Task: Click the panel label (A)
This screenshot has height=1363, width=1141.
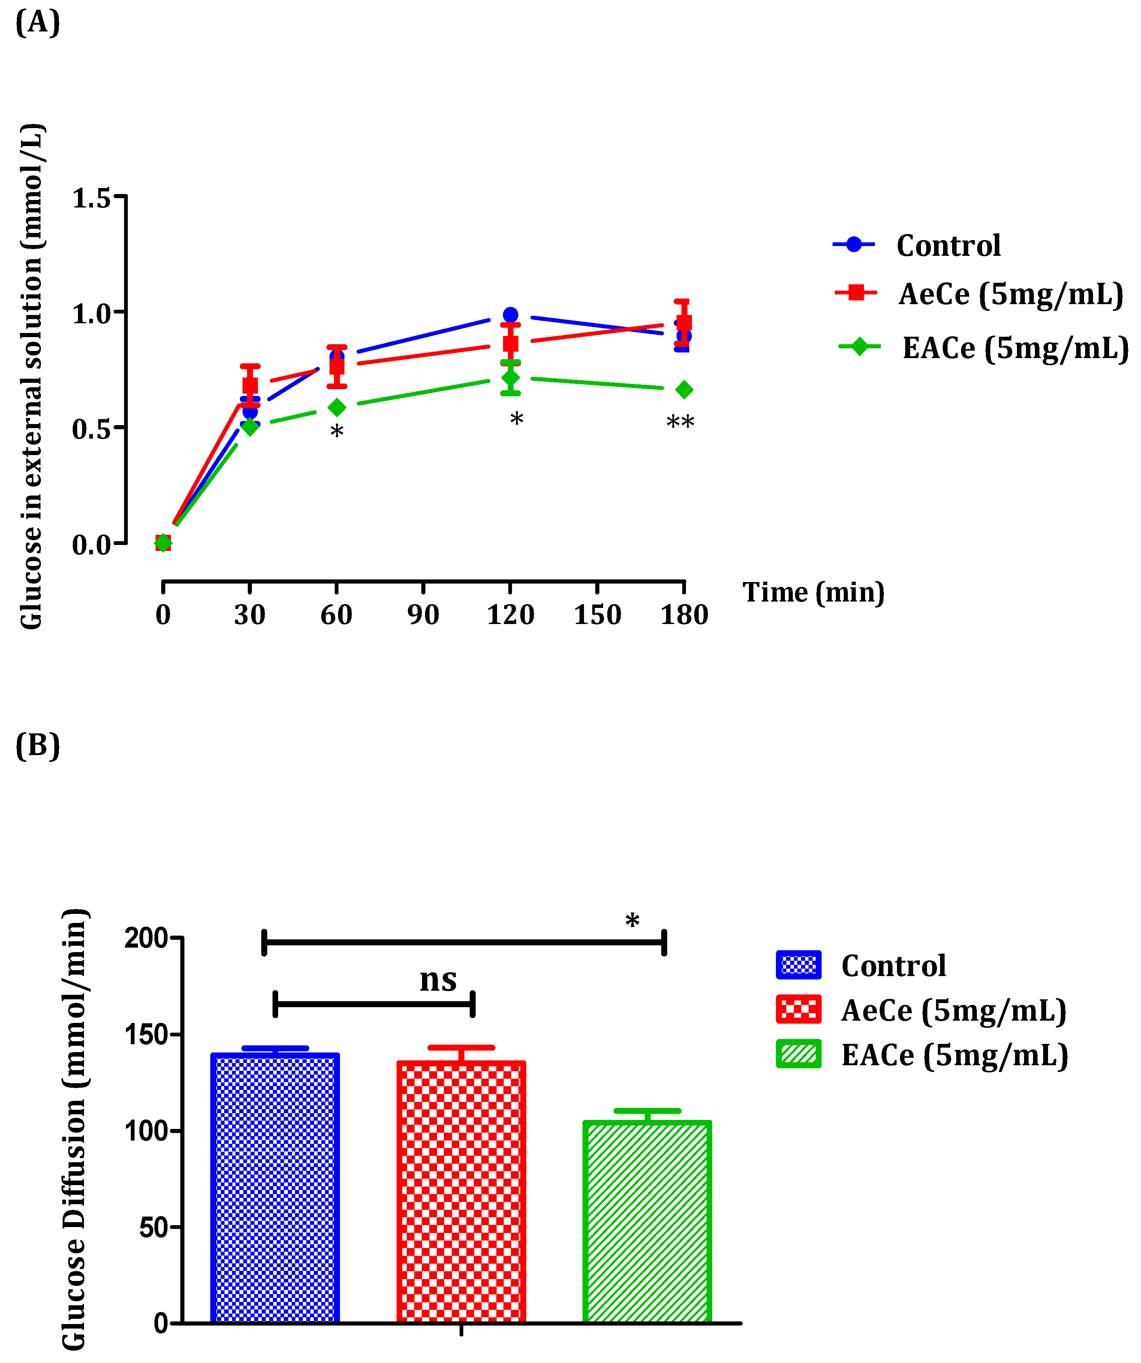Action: click(37, 23)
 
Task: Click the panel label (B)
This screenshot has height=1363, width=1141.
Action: click(37, 746)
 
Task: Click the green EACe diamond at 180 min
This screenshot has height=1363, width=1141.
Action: click(683, 390)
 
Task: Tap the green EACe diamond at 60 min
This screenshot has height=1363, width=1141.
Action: click(336, 408)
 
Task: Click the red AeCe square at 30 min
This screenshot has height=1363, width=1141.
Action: click(250, 385)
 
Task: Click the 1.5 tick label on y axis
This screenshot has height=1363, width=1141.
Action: click(91, 199)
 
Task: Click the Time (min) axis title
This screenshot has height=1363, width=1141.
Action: click(813, 592)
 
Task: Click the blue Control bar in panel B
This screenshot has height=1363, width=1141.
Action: click(276, 1188)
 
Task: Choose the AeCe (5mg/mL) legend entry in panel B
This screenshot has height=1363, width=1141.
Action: click(953, 1011)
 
